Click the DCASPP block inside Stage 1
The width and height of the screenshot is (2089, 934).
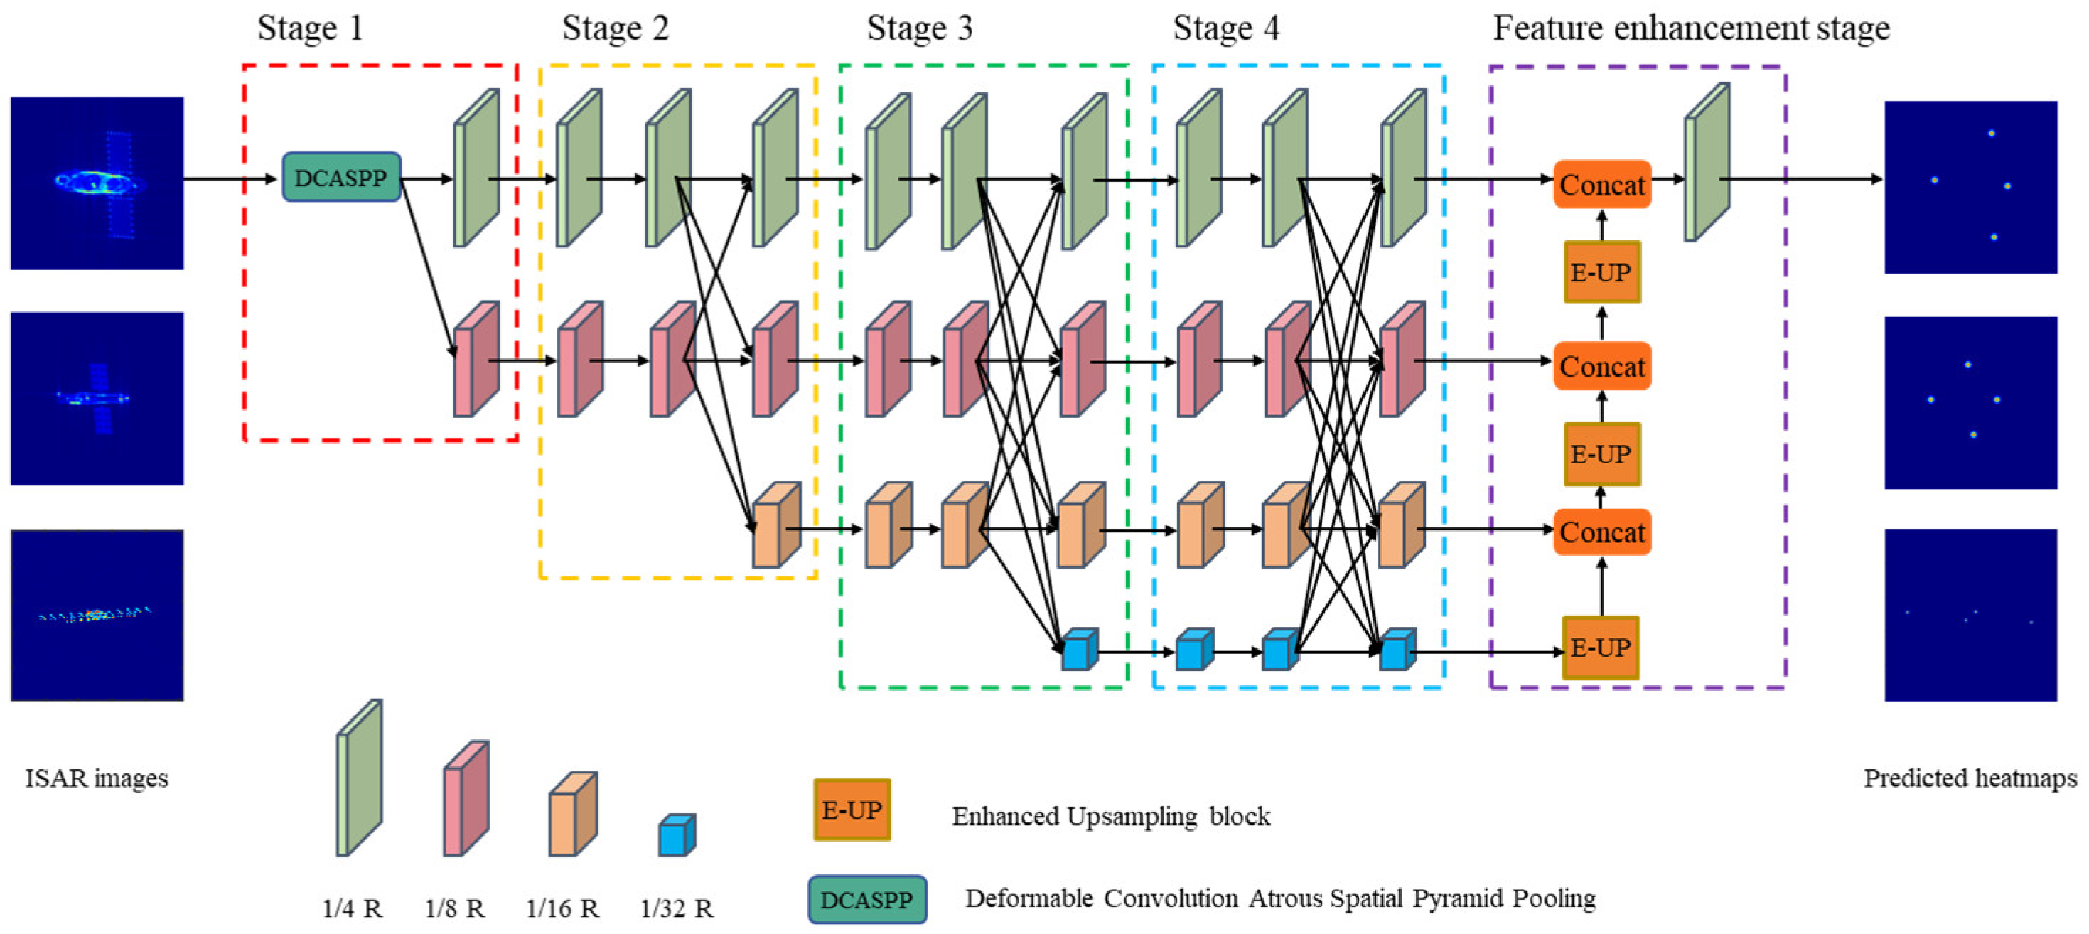coord(341,177)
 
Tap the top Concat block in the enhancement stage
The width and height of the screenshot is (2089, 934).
coord(1601,185)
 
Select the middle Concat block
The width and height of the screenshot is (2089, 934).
coord(1601,367)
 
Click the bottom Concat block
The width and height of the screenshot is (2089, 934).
coord(1601,532)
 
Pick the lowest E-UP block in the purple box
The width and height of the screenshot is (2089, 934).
coord(1600,647)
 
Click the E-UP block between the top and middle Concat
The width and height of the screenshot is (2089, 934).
coord(1601,272)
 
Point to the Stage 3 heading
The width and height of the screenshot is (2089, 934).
coord(919,28)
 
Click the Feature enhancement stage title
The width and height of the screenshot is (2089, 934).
coord(1691,28)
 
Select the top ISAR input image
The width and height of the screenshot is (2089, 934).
coord(97,183)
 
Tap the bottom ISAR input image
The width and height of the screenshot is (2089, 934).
coord(97,615)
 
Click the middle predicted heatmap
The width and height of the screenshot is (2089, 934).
coord(1970,402)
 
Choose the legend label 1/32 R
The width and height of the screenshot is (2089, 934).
coord(677,908)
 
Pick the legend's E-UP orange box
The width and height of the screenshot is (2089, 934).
coord(852,809)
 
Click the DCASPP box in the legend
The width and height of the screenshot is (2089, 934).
coord(867,899)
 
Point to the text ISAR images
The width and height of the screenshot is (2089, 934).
coord(97,778)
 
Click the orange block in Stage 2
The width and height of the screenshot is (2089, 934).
coord(776,525)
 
